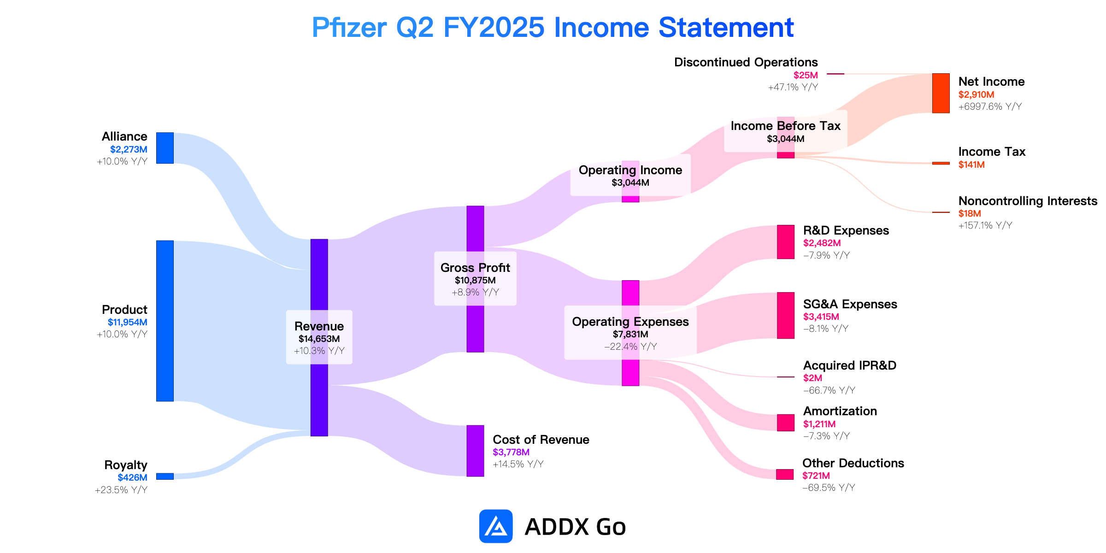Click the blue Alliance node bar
(x=165, y=148)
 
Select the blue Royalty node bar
(x=165, y=476)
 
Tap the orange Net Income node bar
(x=941, y=93)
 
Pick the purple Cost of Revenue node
(x=475, y=451)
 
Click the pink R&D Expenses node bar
(x=786, y=242)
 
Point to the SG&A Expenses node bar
(x=786, y=315)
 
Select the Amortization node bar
(x=786, y=423)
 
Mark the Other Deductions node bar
(x=785, y=474)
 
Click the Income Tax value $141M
(x=971, y=165)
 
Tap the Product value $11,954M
(x=128, y=322)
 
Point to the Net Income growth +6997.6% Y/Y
(x=990, y=106)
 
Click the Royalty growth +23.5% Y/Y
(x=121, y=490)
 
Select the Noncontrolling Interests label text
(x=1028, y=201)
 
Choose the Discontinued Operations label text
(x=746, y=62)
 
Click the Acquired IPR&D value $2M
(x=812, y=378)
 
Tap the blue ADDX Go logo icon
(x=496, y=526)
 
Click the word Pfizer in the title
(x=349, y=28)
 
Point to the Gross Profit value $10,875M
(x=475, y=280)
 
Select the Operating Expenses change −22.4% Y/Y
(x=630, y=347)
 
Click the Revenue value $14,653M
(x=319, y=339)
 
